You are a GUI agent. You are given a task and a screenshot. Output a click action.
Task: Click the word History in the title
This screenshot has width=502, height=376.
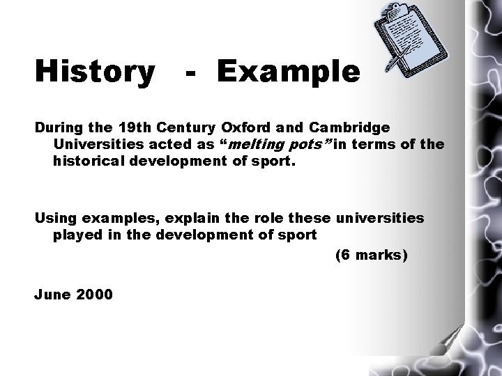tap(94, 72)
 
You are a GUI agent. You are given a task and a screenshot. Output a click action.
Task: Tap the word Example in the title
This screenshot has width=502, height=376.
tap(288, 72)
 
